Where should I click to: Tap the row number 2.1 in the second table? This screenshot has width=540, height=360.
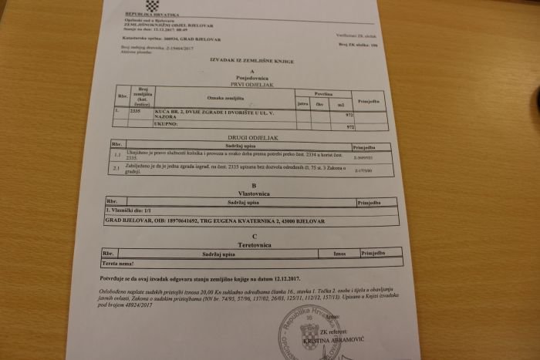115,167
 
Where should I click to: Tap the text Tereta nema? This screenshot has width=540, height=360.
122,264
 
